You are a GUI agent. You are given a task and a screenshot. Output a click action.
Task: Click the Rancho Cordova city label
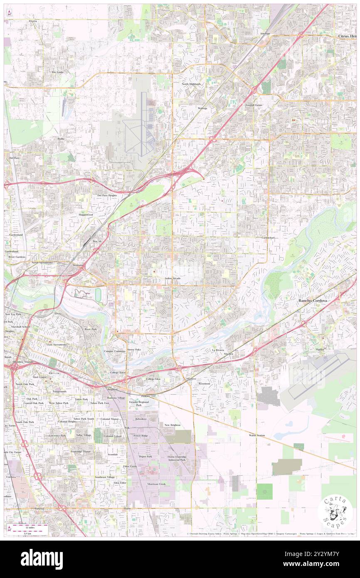click(x=312, y=300)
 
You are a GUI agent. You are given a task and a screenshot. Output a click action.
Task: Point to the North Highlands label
click(x=191, y=84)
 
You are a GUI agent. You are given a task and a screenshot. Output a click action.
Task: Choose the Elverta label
click(x=33, y=20)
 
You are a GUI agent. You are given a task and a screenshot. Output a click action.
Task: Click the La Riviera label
click(x=218, y=350)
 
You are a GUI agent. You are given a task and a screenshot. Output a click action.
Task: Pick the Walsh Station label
click(x=257, y=435)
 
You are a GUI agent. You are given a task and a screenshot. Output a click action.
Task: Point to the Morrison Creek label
click(x=156, y=484)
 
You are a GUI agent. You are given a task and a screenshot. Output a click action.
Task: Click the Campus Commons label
click(x=114, y=351)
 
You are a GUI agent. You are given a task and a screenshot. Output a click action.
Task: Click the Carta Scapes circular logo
click(x=335, y=512)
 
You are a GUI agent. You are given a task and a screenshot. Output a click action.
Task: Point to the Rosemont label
click(x=204, y=383)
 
